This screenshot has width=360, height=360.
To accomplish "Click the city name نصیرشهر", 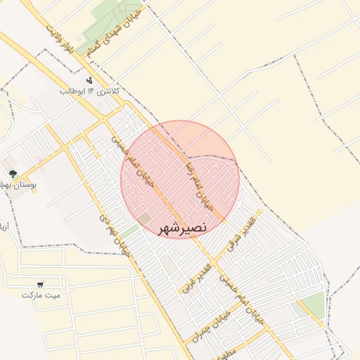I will pos(181,229).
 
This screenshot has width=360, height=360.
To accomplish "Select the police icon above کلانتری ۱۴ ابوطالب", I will pos(89,80).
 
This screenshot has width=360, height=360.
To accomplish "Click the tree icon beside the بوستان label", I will pos(11,173).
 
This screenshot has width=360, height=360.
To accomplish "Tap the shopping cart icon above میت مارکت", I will pos(41,284).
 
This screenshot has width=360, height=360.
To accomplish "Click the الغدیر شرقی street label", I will pos(243,236).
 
